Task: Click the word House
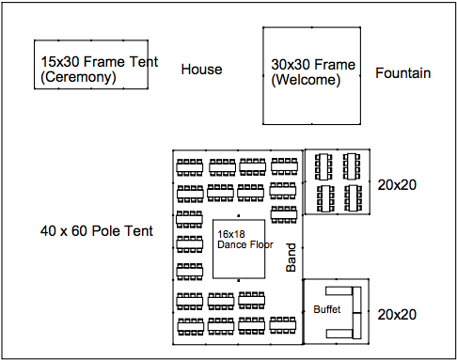[201, 69]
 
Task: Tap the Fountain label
[402, 72]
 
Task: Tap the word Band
[291, 258]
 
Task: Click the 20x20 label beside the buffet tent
[396, 314]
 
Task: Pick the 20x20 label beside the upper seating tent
[396, 184]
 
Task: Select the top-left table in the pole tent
[190, 166]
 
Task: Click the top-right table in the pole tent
[284, 166]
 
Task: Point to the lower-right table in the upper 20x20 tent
[353, 197]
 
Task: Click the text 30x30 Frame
[313, 65]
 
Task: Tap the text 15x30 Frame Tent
[99, 62]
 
